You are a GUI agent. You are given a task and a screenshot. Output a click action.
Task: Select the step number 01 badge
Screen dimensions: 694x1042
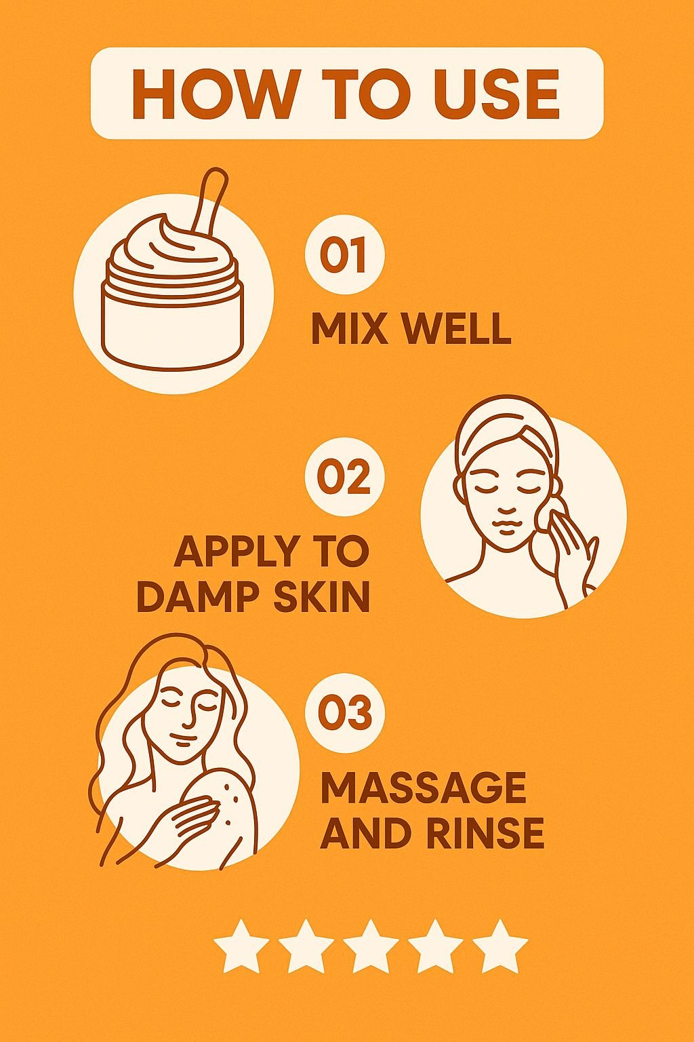(x=344, y=254)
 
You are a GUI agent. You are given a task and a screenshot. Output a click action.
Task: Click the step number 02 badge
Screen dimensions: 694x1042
(x=344, y=477)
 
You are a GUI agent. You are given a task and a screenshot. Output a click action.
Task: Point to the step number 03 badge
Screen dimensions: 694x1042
(x=345, y=712)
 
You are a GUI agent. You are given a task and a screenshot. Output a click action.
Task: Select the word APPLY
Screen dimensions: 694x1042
(x=237, y=552)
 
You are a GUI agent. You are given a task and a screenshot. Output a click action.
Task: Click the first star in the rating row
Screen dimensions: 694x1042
(x=241, y=946)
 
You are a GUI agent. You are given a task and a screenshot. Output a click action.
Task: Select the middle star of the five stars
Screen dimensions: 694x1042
(x=371, y=946)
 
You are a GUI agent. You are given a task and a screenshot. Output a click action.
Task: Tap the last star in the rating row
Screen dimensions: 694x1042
(x=499, y=946)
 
